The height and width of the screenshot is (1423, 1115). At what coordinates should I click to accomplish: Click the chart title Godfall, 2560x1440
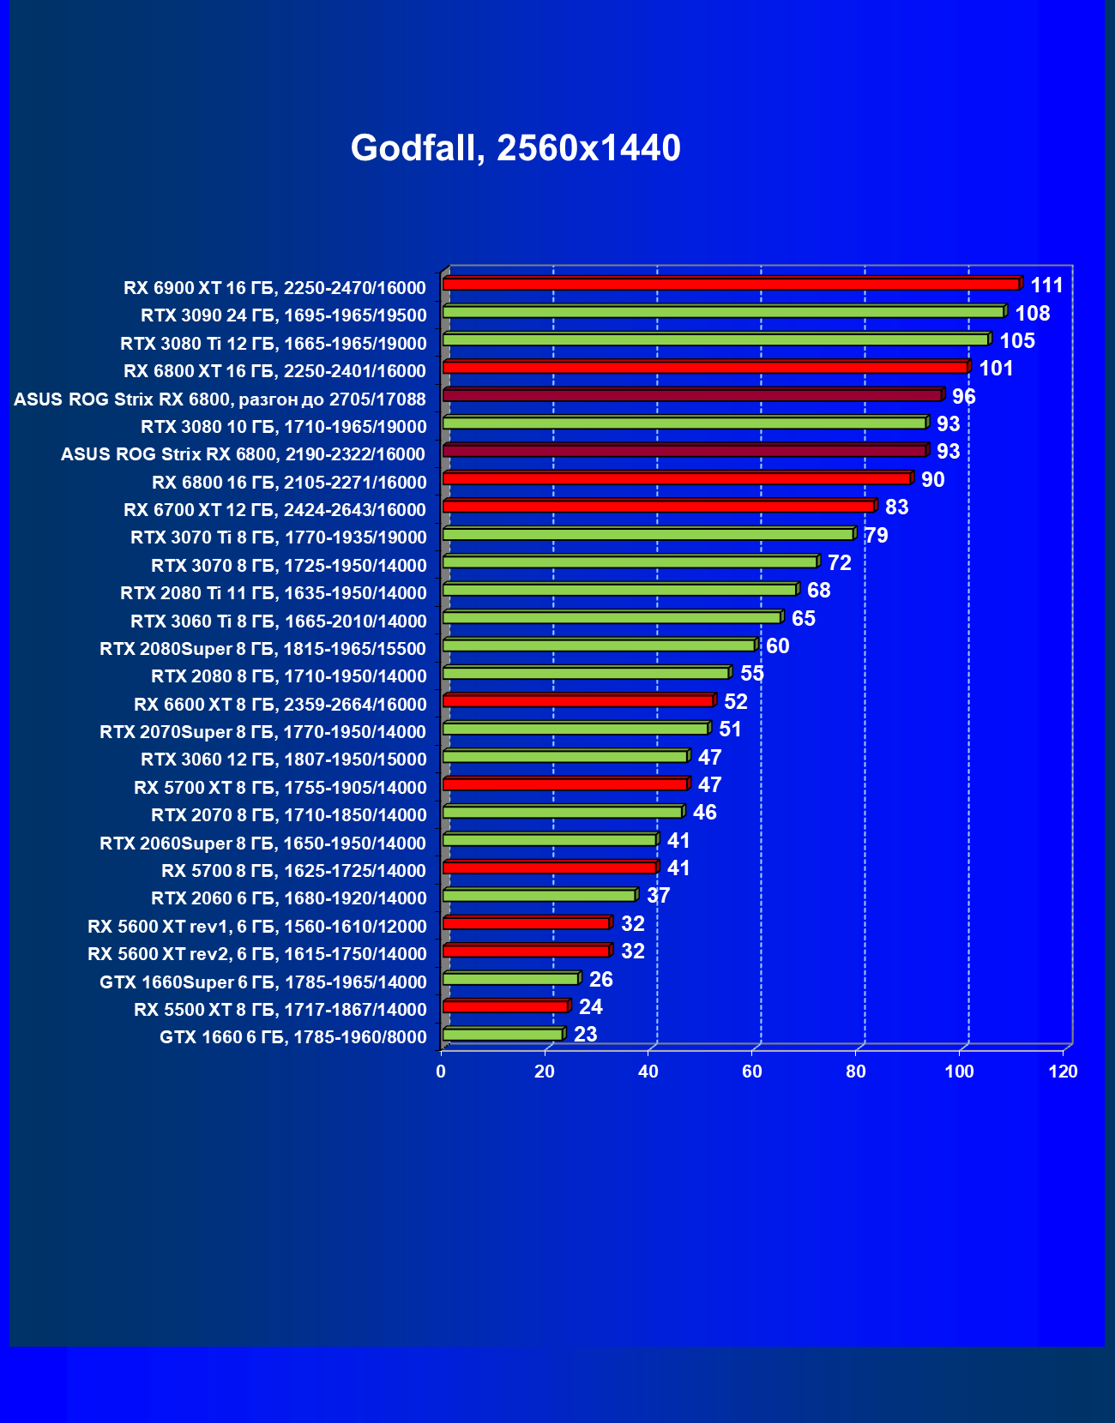(515, 148)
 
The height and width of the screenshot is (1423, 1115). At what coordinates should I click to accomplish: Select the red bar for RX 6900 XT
(731, 284)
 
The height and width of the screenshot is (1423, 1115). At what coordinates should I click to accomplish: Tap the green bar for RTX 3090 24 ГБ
(723, 311)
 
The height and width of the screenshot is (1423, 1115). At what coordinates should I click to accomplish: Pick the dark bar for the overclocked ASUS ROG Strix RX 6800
(692, 395)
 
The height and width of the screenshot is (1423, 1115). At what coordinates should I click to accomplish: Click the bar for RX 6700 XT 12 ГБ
(658, 507)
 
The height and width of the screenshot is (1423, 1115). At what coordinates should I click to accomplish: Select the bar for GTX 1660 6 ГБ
(503, 1035)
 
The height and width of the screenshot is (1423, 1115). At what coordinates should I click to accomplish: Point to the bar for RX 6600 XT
(578, 701)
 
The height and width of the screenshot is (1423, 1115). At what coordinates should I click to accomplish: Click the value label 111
(1046, 285)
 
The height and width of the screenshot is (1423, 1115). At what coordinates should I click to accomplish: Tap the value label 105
(1017, 341)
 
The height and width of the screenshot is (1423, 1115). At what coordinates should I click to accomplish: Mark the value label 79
(877, 536)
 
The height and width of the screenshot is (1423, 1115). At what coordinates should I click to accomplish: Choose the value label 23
(585, 1035)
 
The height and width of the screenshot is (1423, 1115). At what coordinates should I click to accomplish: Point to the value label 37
(658, 896)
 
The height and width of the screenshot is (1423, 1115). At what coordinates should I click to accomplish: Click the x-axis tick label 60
(752, 1072)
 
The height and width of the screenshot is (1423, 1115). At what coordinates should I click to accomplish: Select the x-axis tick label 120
(1063, 1072)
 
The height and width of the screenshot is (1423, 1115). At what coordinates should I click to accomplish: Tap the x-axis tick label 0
(441, 1072)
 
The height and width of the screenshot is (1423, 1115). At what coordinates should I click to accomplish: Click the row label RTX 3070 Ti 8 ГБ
(279, 537)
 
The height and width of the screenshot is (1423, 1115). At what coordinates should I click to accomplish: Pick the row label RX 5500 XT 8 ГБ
(280, 1010)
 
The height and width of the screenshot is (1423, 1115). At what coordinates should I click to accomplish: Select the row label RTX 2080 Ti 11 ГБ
(274, 593)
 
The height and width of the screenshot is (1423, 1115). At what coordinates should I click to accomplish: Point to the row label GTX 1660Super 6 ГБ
(263, 982)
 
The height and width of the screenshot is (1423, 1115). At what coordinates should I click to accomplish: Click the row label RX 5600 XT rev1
(257, 927)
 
